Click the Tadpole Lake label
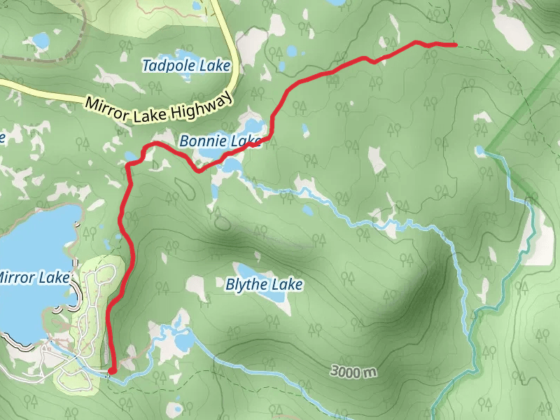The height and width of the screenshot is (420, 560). (x=186, y=66)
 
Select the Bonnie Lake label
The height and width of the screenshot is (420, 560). (x=220, y=141)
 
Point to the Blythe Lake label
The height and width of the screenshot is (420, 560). (x=264, y=285)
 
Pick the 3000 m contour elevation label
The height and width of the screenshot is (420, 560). (x=353, y=371)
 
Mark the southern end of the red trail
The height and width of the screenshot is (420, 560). (x=112, y=370)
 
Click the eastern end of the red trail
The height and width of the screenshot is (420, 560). (x=456, y=45)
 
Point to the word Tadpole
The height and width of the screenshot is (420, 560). (x=169, y=66)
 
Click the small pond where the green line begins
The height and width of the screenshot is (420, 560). (x=479, y=150)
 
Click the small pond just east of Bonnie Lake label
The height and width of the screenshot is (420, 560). (x=304, y=129)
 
